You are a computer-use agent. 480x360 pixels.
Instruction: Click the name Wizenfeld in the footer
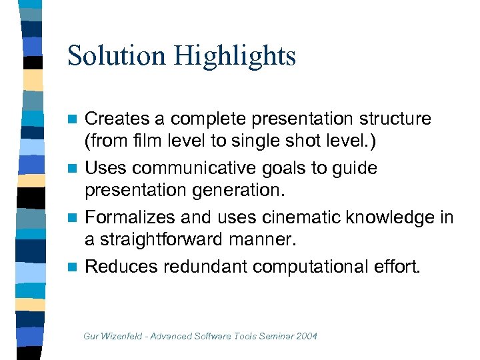[x=125, y=335]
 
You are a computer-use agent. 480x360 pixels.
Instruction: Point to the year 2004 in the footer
[x=307, y=335]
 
